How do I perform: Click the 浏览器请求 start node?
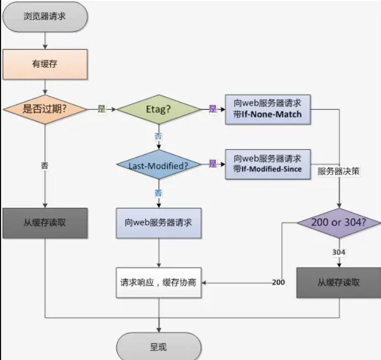click(x=45, y=16)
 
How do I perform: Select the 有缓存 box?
click(x=45, y=64)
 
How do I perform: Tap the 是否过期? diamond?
click(x=45, y=109)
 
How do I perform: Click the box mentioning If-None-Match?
click(x=268, y=109)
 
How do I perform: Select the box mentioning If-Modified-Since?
click(x=268, y=164)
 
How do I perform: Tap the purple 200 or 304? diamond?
click(x=340, y=223)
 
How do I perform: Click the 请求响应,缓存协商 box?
click(x=159, y=282)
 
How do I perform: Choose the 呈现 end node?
click(x=159, y=347)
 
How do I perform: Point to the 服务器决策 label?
click(x=339, y=171)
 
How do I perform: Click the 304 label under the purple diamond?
click(x=339, y=252)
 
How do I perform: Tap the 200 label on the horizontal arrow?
click(x=278, y=282)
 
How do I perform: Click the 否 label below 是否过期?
click(x=45, y=165)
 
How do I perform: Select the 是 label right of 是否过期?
click(x=101, y=109)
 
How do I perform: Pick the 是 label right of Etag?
click(x=213, y=109)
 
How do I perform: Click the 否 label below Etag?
click(x=159, y=135)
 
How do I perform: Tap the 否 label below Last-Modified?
click(x=159, y=193)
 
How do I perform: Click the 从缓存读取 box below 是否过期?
click(x=45, y=223)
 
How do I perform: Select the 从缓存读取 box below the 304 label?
click(x=339, y=282)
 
